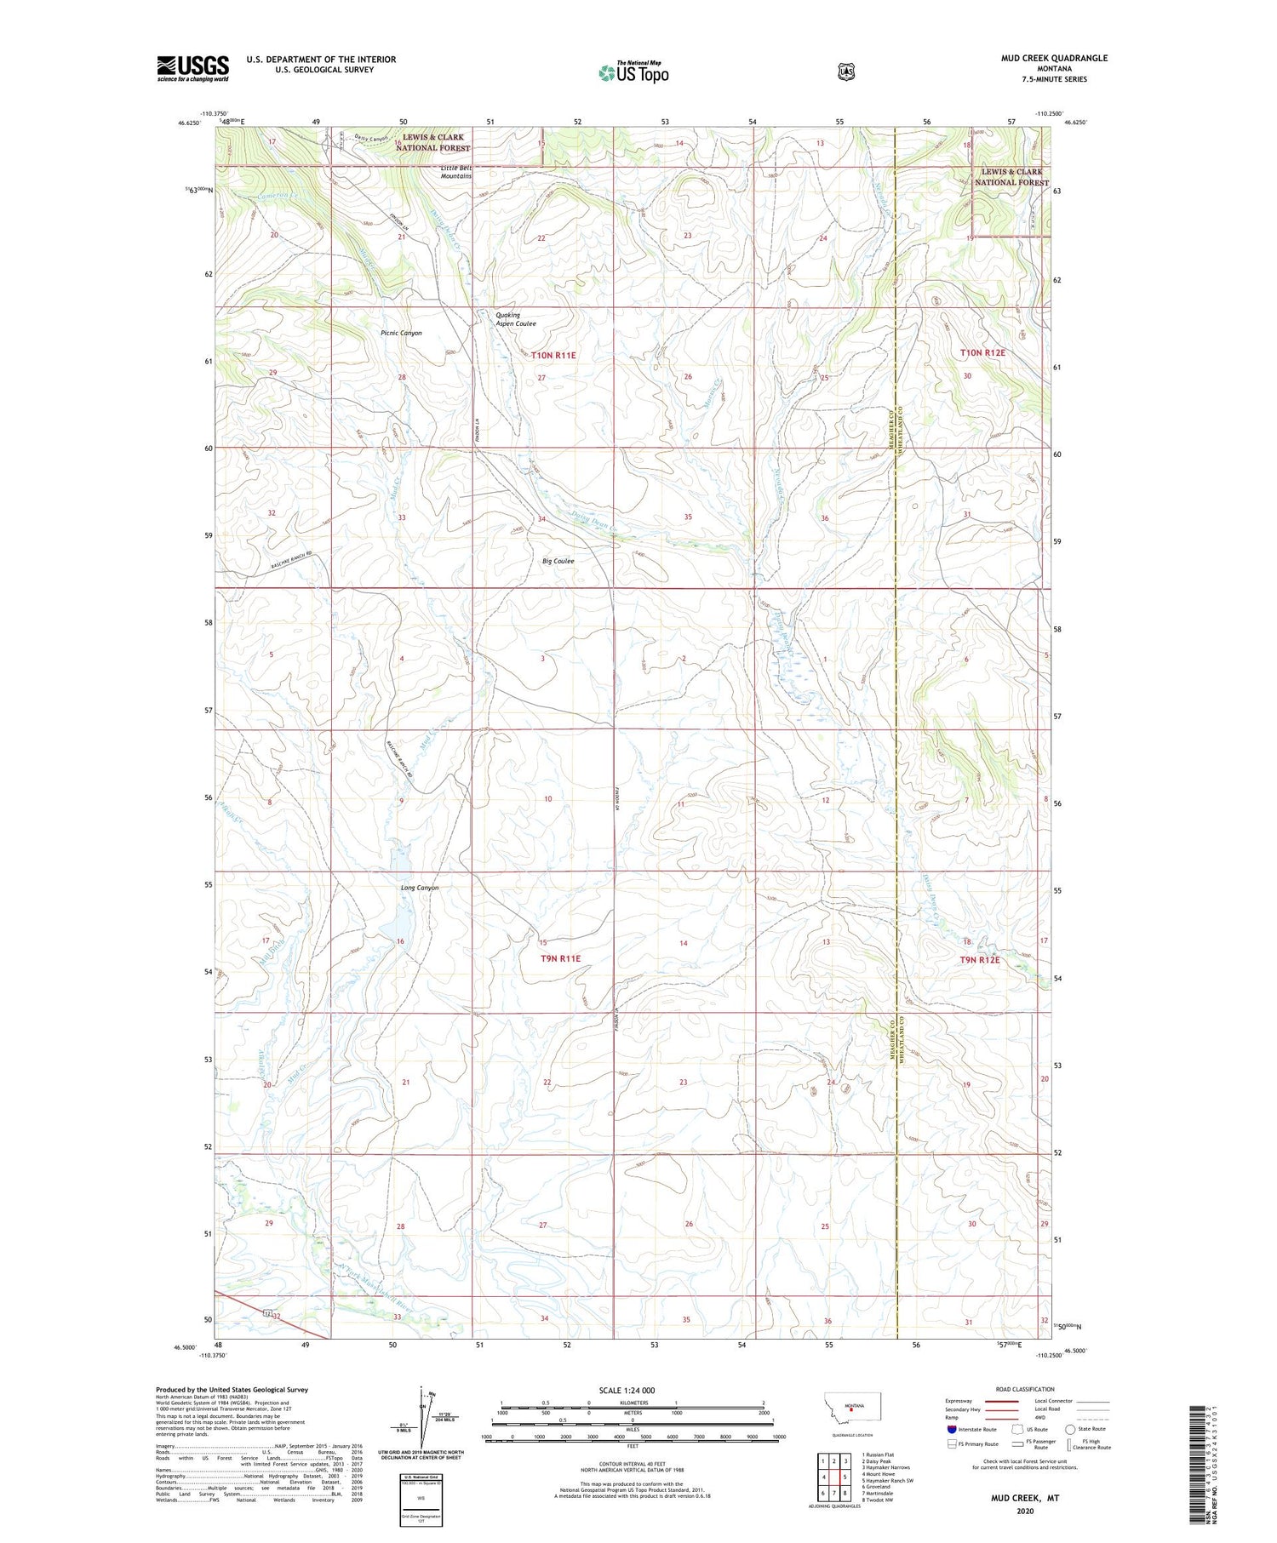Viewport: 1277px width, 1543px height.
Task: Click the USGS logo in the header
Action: point(192,68)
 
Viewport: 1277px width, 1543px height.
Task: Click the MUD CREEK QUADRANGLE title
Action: point(1054,58)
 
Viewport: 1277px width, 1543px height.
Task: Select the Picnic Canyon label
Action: point(401,333)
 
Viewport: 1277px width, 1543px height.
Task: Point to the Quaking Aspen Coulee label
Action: point(516,319)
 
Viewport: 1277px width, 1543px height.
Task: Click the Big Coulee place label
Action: point(558,561)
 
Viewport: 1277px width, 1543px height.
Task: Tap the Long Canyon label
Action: point(420,888)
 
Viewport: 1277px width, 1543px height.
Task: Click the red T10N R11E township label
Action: point(554,355)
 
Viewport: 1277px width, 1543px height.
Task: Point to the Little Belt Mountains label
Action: point(456,172)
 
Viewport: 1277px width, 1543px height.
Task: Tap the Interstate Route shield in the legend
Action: point(952,1429)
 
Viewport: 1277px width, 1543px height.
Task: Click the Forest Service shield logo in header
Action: point(845,72)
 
